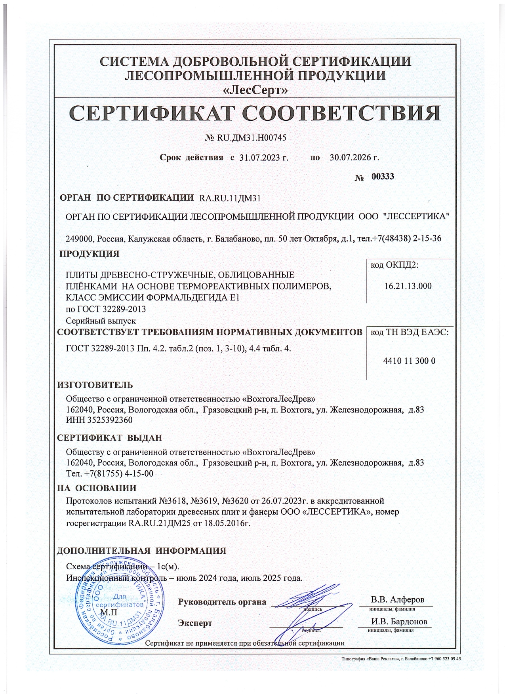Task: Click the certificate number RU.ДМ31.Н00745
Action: tap(251, 138)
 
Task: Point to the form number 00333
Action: tap(383, 177)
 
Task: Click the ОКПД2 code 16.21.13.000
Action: tap(408, 286)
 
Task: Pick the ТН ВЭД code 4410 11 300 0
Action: tap(410, 361)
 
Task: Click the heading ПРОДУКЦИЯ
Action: tap(89, 254)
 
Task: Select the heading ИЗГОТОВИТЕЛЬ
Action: tap(95, 385)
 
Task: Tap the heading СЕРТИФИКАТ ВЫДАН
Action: tap(109, 438)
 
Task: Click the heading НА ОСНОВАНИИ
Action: tap(97, 488)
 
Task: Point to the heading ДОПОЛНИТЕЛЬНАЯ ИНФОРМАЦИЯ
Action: tap(141, 551)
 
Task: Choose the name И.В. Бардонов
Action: tap(399, 622)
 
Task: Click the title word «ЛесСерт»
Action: tap(255, 91)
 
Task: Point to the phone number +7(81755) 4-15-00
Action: tap(119, 473)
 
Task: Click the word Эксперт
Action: tap(195, 623)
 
